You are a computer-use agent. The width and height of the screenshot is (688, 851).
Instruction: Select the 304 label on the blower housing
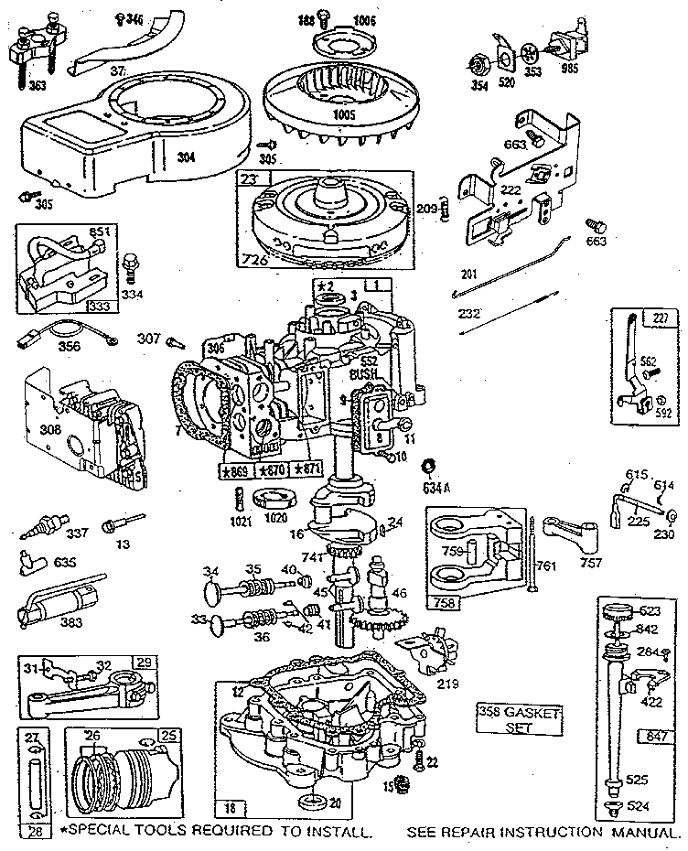[x=186, y=157]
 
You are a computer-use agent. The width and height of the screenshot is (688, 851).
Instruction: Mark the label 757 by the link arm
[x=592, y=564]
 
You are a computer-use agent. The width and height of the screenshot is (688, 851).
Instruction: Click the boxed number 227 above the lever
[x=660, y=319]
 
